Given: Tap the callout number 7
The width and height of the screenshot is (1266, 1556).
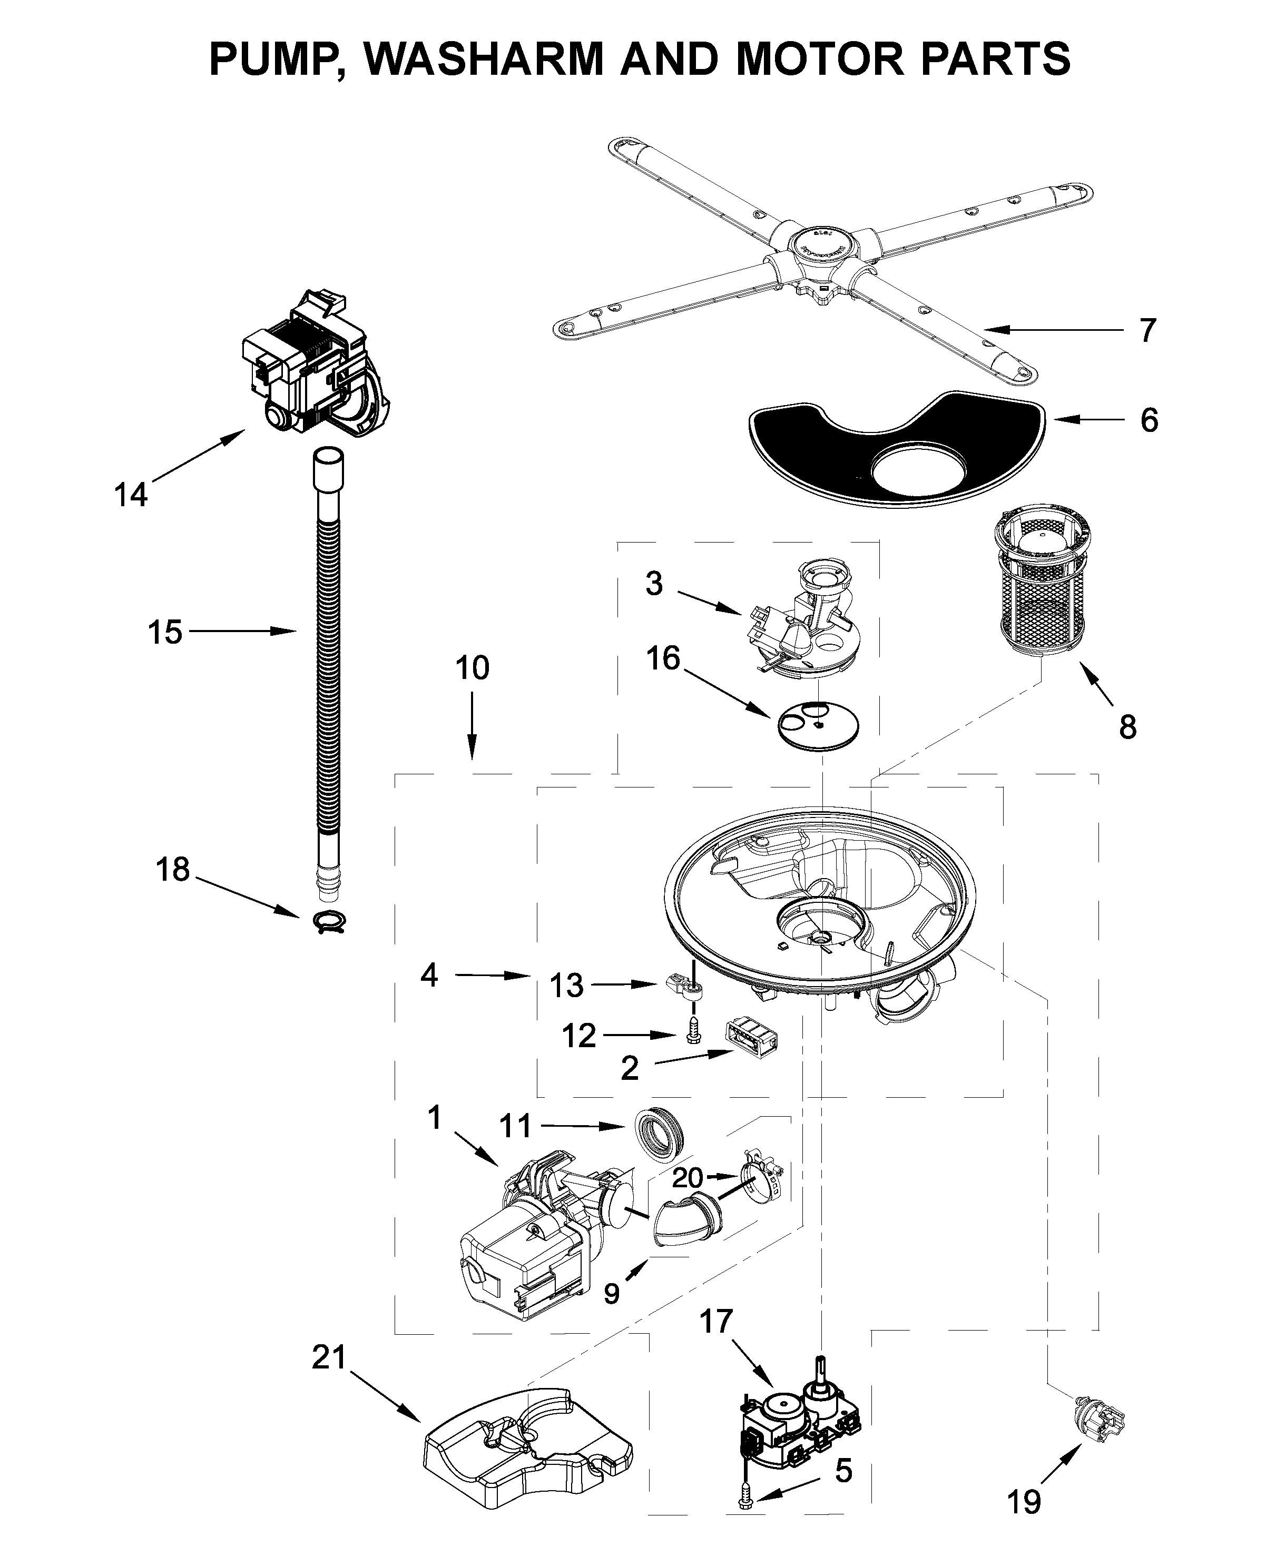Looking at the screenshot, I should [x=1148, y=330].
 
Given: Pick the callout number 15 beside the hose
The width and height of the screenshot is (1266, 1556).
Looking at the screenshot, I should [x=165, y=632].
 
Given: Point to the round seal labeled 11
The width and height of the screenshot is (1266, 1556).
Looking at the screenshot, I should [x=659, y=1138].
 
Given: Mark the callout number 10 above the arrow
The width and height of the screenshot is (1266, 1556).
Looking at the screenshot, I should [x=472, y=668].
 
